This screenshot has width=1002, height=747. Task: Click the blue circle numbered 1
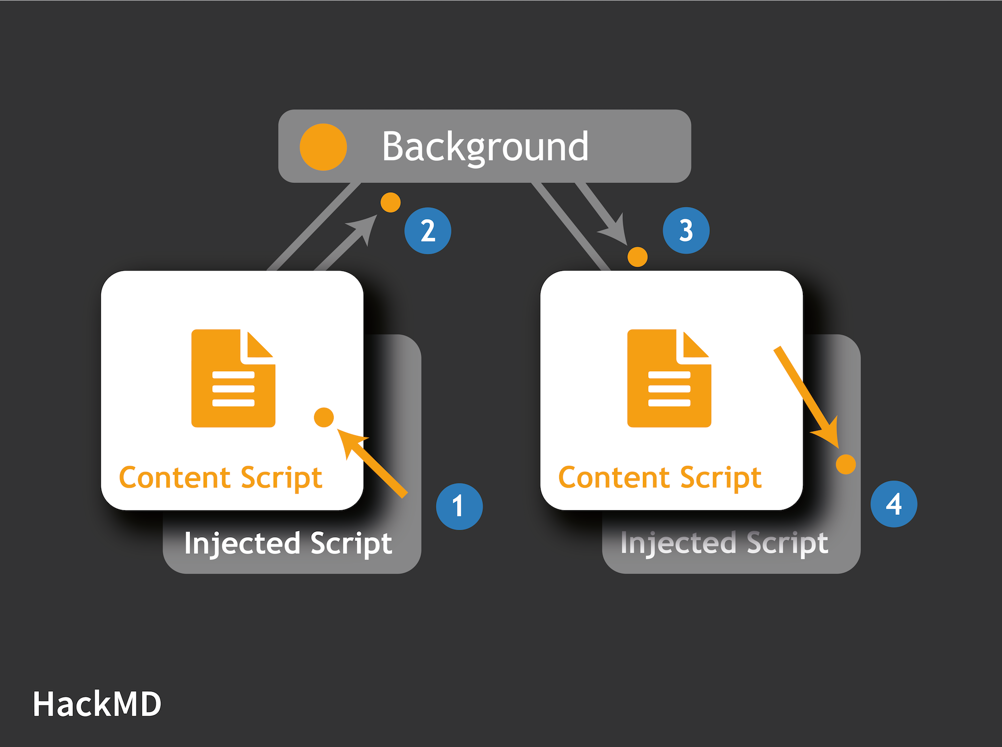[459, 506]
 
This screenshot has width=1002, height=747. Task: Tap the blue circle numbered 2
[428, 231]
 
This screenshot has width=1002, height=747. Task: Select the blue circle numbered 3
[686, 230]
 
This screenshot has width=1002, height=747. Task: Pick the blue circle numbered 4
[894, 504]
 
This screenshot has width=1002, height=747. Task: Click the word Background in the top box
[485, 147]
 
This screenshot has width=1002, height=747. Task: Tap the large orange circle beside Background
[323, 147]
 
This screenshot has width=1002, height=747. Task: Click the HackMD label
[97, 704]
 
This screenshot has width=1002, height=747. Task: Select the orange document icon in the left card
[233, 378]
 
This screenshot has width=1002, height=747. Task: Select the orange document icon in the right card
[669, 378]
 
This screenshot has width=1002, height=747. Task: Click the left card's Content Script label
[221, 478]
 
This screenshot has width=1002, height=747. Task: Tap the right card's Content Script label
[660, 478]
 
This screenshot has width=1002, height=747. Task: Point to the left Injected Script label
[288, 543]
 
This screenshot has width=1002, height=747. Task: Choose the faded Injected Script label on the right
[725, 543]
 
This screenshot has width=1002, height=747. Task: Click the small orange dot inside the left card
[323, 417]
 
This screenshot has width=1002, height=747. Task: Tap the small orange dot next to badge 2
[390, 203]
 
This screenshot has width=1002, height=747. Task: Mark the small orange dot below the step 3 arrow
[638, 257]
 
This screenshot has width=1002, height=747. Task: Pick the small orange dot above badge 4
[845, 464]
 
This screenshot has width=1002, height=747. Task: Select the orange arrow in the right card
[806, 397]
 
